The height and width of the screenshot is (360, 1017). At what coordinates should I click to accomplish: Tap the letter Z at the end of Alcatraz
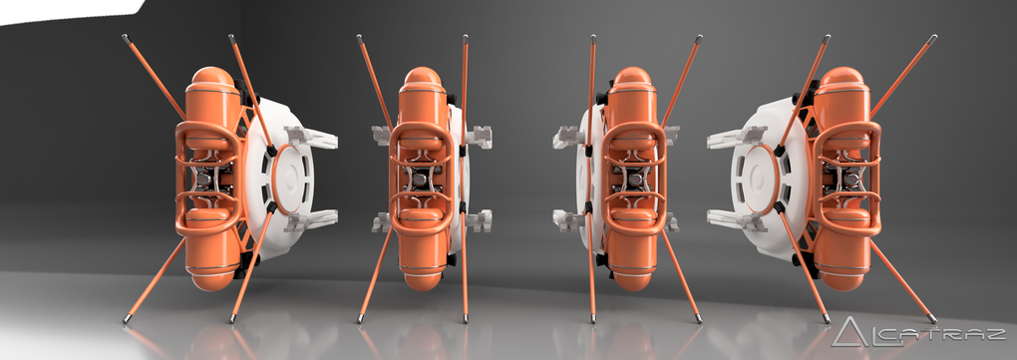click(995, 335)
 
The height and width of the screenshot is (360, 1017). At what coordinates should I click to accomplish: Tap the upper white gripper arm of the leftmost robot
click(311, 137)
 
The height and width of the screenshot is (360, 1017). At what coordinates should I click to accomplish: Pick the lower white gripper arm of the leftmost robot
click(311, 220)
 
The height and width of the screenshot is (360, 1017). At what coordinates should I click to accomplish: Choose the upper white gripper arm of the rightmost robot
click(735, 137)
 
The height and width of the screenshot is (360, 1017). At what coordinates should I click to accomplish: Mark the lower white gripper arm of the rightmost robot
click(735, 219)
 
